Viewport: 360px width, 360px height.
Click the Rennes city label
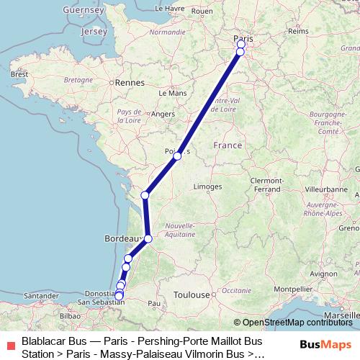click(132, 83)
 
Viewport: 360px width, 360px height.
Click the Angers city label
click(163, 114)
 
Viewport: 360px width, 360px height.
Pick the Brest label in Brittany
click(19, 74)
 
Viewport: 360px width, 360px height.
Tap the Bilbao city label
click(70, 315)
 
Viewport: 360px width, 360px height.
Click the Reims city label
click(297, 32)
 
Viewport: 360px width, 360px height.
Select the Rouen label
click(203, 12)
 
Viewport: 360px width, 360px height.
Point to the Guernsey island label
click(84, 10)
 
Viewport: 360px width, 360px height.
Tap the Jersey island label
click(94, 32)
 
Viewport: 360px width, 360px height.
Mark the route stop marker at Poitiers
click(177, 156)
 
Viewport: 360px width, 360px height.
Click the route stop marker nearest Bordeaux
click(148, 238)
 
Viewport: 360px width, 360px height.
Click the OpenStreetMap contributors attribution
click(297, 323)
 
